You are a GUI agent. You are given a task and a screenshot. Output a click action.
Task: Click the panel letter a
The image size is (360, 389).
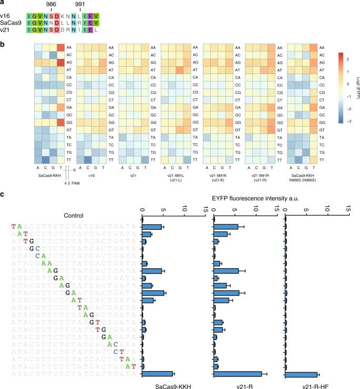4,4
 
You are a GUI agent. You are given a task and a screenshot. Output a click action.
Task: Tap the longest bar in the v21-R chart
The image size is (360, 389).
238,374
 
